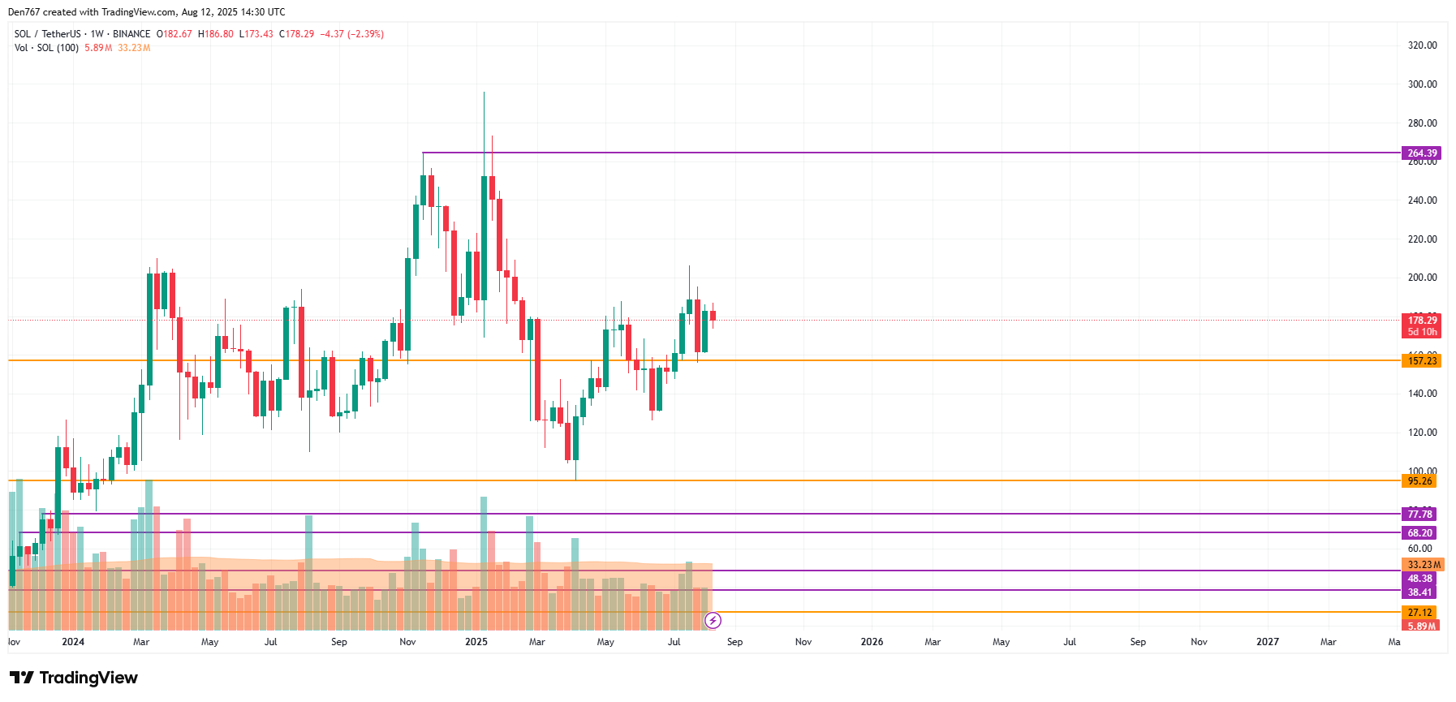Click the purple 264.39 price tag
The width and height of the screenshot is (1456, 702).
[1421, 153]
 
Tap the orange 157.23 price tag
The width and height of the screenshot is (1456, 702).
[1421, 361]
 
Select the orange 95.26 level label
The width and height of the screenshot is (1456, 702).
[1419, 481]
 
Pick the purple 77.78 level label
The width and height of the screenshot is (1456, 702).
[1419, 515]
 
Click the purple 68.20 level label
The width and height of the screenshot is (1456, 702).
[1419, 533]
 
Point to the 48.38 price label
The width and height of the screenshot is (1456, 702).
[1419, 579]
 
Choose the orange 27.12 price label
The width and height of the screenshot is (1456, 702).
[1419, 613]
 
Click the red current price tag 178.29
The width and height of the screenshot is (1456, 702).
[1422, 321]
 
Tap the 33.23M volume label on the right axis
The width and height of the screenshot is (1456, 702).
[1424, 565]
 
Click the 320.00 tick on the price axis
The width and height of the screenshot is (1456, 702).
[1422, 45]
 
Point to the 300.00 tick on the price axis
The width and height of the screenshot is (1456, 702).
[1422, 84]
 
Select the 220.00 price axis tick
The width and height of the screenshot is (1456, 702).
[1422, 239]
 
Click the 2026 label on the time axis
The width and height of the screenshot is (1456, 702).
[872, 642]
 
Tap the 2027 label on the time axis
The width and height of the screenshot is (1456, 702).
[1267, 642]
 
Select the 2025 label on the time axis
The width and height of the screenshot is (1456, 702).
[476, 642]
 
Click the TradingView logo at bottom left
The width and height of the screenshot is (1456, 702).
[74, 678]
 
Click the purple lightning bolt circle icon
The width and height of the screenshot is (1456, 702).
[713, 621]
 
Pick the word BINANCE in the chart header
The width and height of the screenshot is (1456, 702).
[131, 34]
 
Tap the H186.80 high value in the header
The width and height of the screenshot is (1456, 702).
[216, 34]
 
